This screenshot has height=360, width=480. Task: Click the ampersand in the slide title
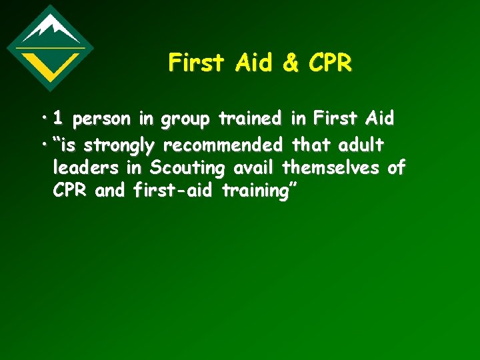click(x=291, y=63)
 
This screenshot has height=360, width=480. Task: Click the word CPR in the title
click(x=329, y=63)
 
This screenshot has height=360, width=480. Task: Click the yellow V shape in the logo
click(x=50, y=65)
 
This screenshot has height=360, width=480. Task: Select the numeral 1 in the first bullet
click(x=59, y=119)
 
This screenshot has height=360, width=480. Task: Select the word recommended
click(x=227, y=144)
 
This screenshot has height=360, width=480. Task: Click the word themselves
click(x=332, y=167)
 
